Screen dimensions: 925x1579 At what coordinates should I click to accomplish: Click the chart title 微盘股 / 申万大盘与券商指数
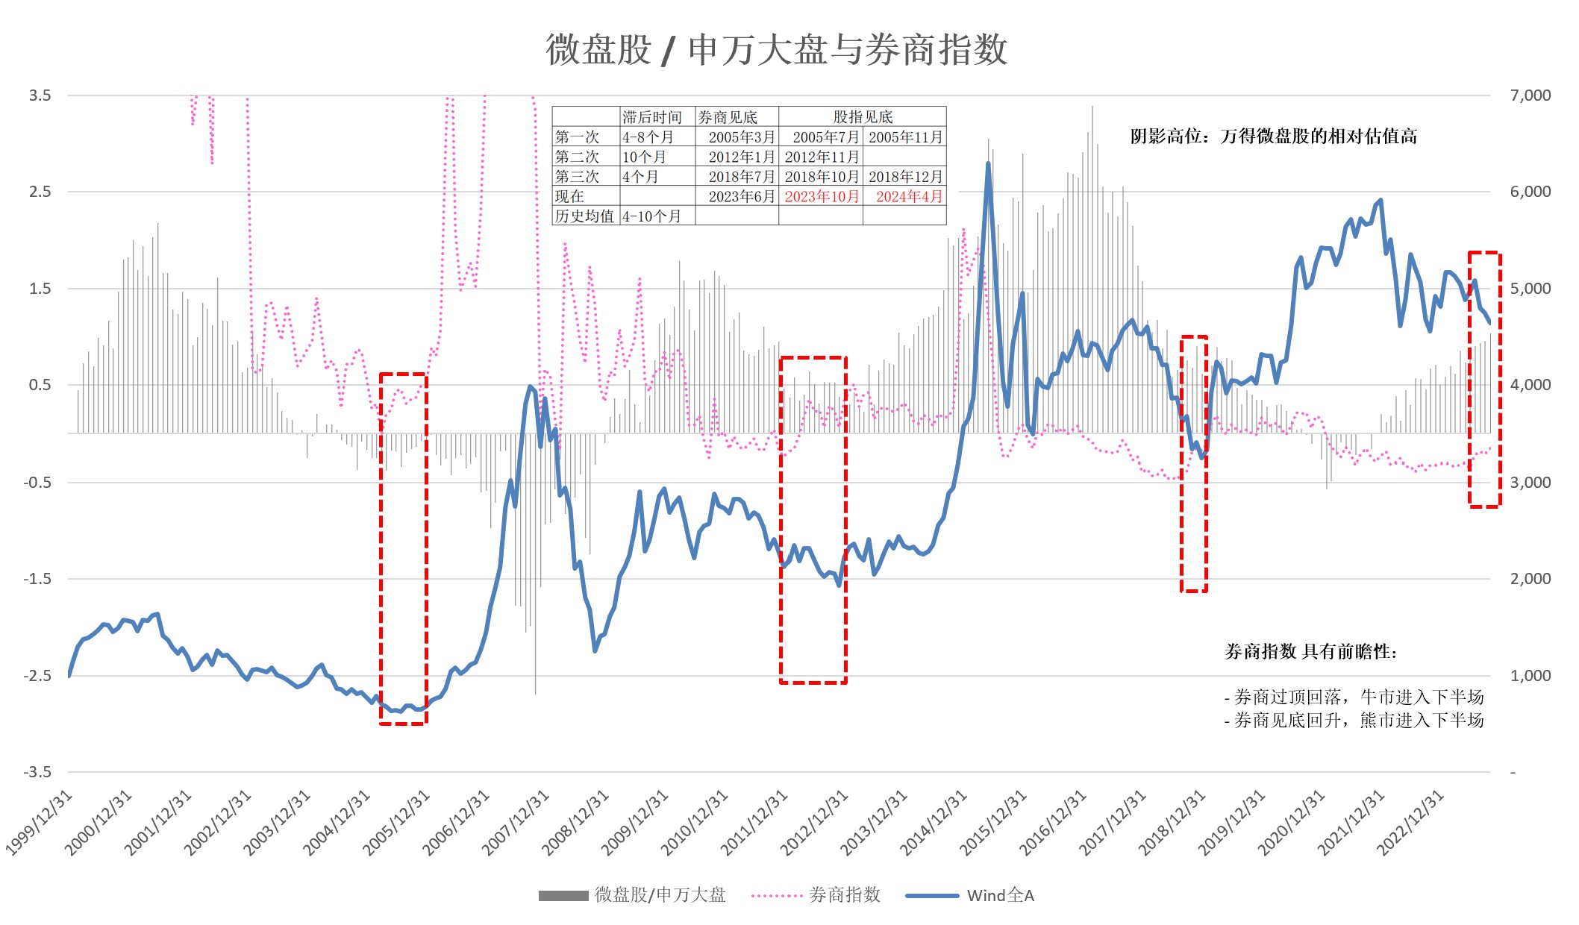tap(776, 50)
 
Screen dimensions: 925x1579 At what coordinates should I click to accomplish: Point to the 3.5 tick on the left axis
tap(40, 95)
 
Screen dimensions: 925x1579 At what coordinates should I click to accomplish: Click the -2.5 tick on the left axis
tap(37, 676)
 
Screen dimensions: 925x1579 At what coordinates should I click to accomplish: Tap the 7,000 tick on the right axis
tap(1530, 95)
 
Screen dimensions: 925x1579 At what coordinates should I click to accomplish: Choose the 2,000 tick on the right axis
tap(1530, 579)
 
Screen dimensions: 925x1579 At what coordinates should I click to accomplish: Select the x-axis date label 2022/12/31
tap(1411, 822)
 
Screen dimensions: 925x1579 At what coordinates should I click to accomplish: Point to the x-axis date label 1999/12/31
tap(40, 822)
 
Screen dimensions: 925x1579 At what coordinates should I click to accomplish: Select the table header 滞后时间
tap(652, 117)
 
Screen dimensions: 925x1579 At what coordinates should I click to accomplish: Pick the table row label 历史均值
tap(584, 216)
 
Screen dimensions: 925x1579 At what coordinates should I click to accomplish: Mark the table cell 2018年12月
tap(905, 177)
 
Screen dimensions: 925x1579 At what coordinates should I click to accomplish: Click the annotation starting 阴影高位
tap(1273, 137)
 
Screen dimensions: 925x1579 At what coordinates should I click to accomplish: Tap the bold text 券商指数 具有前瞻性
tap(1310, 652)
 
